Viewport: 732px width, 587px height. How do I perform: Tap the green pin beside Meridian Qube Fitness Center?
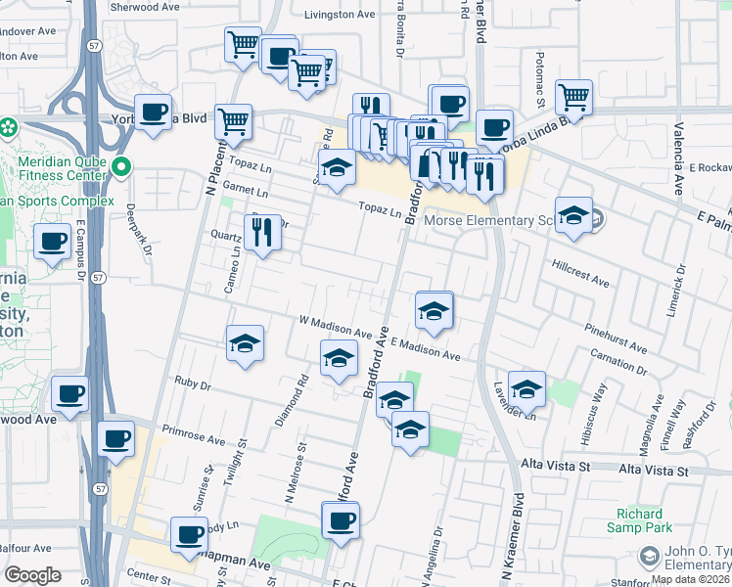tap(121, 167)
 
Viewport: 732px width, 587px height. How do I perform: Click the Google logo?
tap(32, 575)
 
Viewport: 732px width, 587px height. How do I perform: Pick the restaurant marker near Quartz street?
tap(261, 233)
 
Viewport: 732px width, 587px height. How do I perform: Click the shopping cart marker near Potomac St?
tap(573, 96)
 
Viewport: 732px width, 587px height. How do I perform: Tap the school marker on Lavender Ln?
tap(526, 388)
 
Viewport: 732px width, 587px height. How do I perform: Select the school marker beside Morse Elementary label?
tap(572, 214)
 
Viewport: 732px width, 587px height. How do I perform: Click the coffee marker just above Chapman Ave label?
tap(189, 533)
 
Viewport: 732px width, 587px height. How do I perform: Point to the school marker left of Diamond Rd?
tap(245, 342)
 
